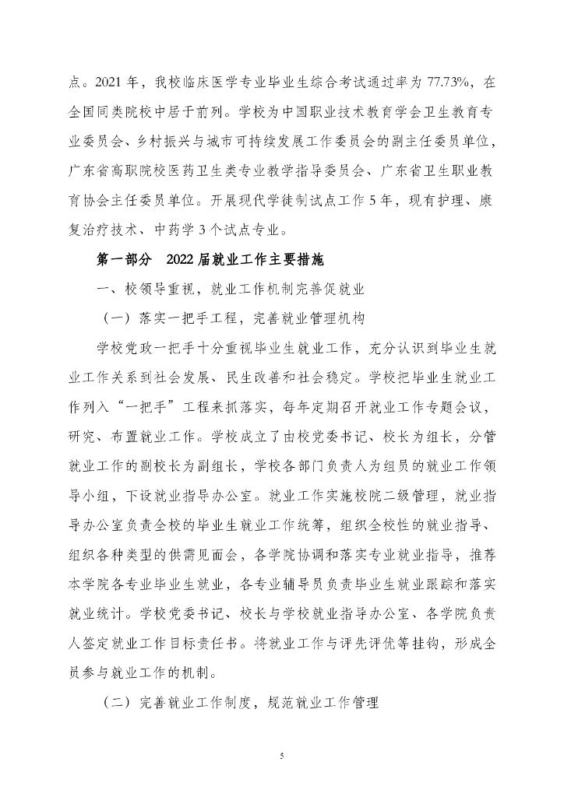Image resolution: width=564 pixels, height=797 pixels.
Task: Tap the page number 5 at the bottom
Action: pyautogui.click(x=282, y=754)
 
